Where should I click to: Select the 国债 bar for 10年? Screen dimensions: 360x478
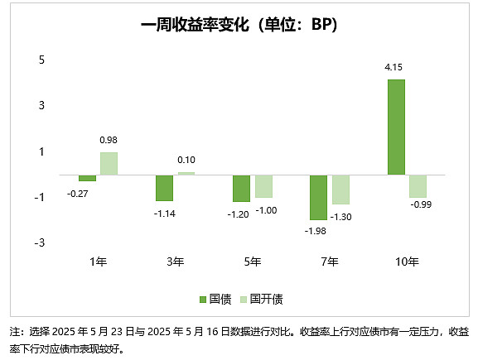pos(396,127)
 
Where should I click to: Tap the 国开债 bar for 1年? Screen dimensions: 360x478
pos(109,163)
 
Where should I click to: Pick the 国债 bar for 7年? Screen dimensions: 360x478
pos(318,197)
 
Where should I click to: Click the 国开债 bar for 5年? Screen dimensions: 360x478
pos(263,186)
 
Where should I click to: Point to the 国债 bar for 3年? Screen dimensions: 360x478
pos(164,188)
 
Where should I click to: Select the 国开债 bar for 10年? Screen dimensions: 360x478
pos(418,185)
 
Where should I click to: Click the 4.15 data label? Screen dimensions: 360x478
pos(395,70)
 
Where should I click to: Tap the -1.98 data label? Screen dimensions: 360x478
pos(316,230)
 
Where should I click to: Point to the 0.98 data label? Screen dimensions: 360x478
pos(109,142)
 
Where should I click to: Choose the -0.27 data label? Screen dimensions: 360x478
pos(87,192)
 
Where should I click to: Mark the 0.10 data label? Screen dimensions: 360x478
pos(186,161)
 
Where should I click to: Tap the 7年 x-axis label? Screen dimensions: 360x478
pos(329,262)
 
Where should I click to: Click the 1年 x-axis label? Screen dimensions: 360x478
pos(98,262)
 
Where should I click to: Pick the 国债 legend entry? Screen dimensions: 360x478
pos(214,299)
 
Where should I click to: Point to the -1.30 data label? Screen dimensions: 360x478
pos(342,217)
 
